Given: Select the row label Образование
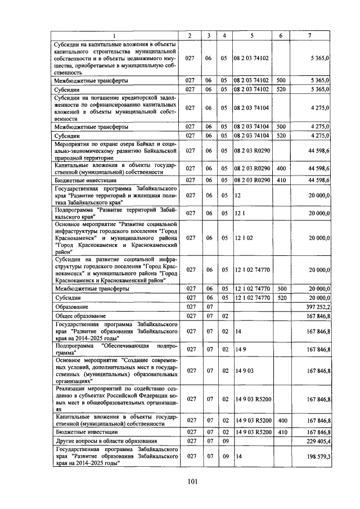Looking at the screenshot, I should tap(71, 307).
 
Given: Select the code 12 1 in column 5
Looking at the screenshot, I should tap(238, 213).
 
